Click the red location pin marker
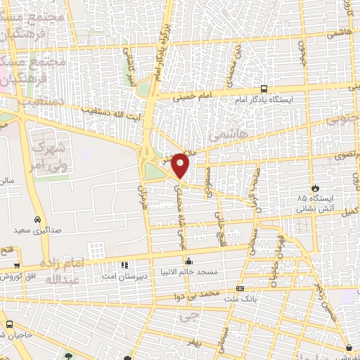181,165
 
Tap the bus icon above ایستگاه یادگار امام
264,89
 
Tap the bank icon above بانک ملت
240,289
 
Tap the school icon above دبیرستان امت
124,266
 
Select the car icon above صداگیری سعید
36,219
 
